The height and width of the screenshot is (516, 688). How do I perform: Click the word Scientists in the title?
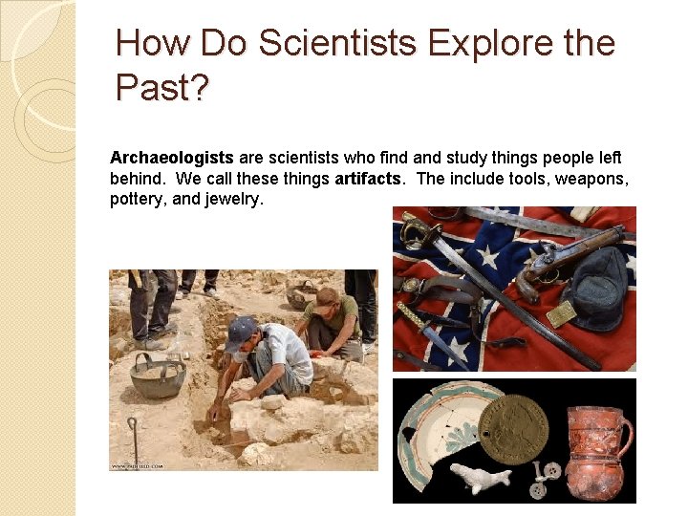click(x=341, y=44)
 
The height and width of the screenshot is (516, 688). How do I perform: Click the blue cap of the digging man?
click(x=240, y=331)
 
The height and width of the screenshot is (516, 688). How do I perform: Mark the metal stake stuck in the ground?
click(x=133, y=440)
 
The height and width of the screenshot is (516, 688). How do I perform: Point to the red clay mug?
click(x=595, y=452)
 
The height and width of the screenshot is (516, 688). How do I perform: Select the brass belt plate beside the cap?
click(x=562, y=312)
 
